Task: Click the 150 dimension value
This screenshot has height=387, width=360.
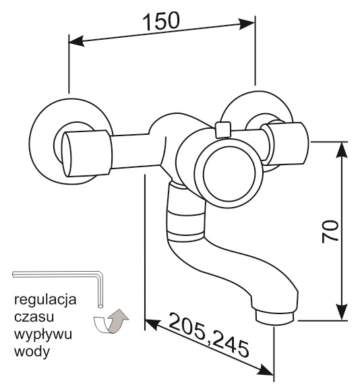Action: click(x=161, y=21)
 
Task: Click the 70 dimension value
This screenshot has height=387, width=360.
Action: click(x=330, y=231)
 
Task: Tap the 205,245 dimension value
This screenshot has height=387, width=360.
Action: click(x=209, y=334)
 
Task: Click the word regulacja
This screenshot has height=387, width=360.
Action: click(x=45, y=301)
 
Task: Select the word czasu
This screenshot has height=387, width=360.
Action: click(x=34, y=317)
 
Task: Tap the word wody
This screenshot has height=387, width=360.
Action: click(x=32, y=351)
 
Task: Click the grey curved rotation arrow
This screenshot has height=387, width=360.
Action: click(x=111, y=321)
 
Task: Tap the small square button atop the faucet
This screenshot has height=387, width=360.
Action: click(x=223, y=129)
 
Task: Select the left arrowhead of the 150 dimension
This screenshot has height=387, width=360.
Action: click(x=76, y=41)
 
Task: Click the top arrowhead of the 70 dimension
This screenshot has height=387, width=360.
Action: click(x=342, y=150)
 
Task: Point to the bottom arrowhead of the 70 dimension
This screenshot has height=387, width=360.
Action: click(x=342, y=312)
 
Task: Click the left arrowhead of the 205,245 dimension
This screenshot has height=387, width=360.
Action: click(x=152, y=324)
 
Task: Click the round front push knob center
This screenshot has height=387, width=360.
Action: click(x=229, y=174)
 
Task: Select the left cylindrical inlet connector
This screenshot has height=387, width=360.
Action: click(x=86, y=154)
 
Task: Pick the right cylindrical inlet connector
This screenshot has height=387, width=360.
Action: click(x=285, y=144)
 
